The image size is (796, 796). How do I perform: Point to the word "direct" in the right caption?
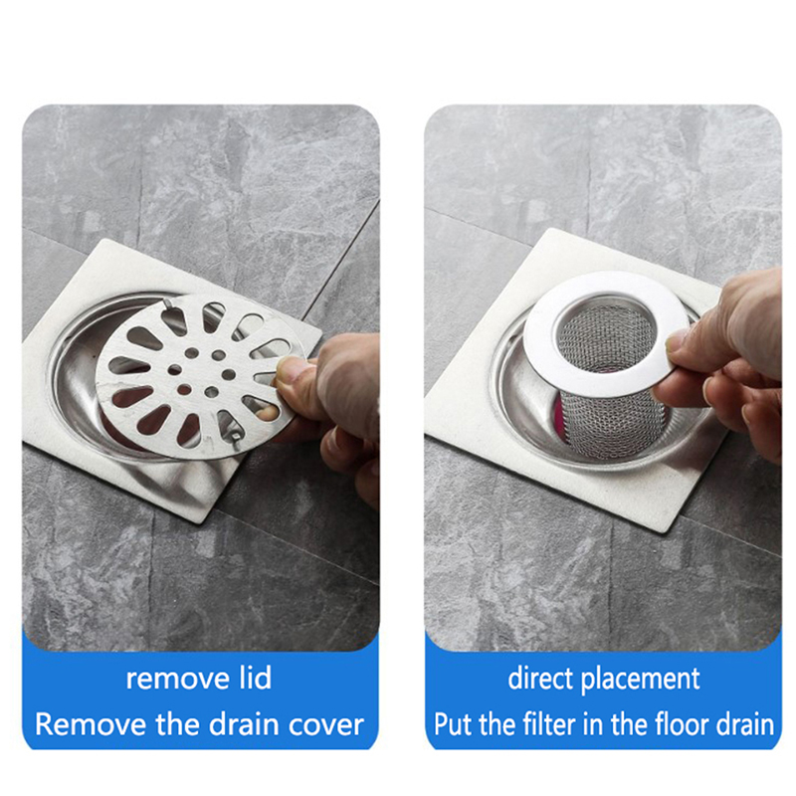click(x=541, y=679)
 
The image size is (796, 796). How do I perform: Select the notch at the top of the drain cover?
click(x=167, y=304)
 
